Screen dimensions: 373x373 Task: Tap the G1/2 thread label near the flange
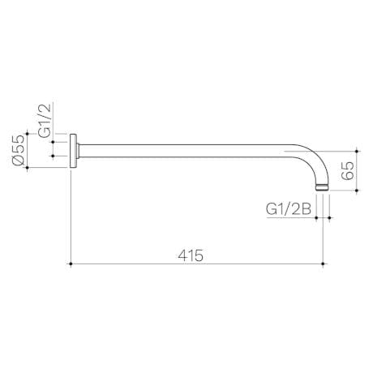[x=46, y=119]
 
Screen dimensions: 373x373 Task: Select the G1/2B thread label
[x=289, y=208]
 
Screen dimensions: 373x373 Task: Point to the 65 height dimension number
[x=347, y=171]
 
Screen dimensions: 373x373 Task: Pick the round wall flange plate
[x=75, y=151]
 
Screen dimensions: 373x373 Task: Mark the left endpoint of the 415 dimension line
[x=72, y=264]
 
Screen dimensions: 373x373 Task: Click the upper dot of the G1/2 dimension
[x=53, y=144]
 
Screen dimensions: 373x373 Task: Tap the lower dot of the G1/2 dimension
[x=53, y=158]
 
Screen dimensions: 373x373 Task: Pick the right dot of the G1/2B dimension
[x=330, y=217]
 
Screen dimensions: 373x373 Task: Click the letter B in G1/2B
[x=307, y=208]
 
